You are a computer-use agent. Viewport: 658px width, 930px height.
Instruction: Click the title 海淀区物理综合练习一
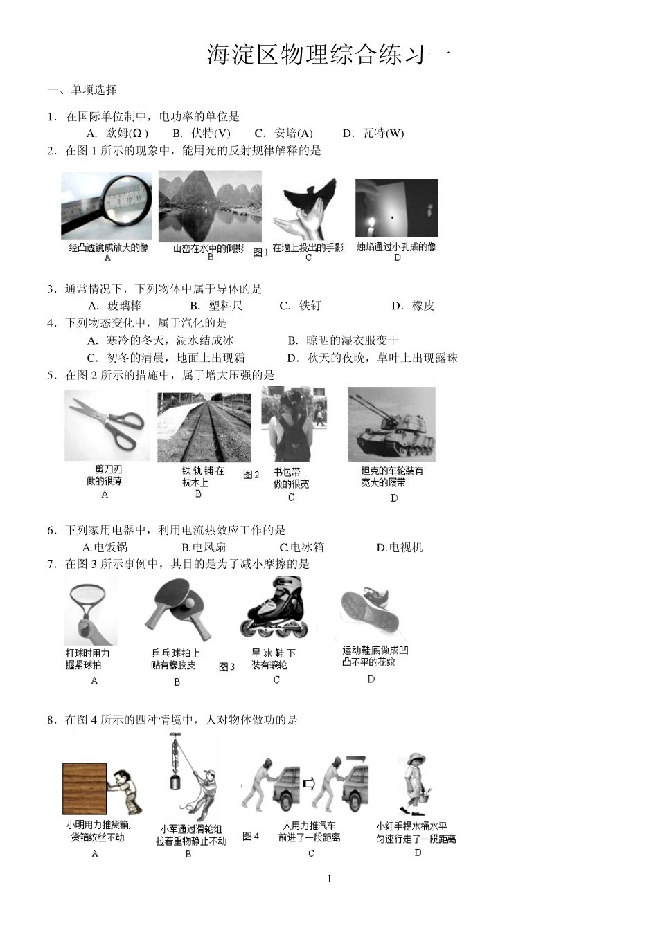coord(329,55)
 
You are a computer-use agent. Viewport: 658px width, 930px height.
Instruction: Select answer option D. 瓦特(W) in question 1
coord(373,134)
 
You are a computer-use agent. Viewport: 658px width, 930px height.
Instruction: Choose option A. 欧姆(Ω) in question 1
coord(117,134)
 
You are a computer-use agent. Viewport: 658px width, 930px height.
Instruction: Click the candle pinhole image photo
coord(396,208)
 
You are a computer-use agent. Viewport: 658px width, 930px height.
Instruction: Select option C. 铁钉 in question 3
coord(301,306)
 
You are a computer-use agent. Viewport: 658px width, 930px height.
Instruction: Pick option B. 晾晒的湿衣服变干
coord(344,340)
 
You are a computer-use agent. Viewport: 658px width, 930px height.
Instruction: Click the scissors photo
coord(107,424)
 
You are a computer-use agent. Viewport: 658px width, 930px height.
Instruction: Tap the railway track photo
coord(204,427)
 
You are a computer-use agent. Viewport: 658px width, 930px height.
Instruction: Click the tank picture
coord(391,423)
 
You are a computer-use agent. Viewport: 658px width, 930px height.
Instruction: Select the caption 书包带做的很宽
coord(291,477)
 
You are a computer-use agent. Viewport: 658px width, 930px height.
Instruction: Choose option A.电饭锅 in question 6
coord(105,547)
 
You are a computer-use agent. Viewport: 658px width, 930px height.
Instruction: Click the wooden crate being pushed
coord(85,788)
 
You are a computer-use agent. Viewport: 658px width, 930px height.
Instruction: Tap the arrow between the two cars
coord(308,783)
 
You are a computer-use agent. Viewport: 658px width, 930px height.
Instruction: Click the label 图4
coord(251,836)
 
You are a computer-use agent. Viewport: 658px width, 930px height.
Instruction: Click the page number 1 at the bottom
coord(329,879)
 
